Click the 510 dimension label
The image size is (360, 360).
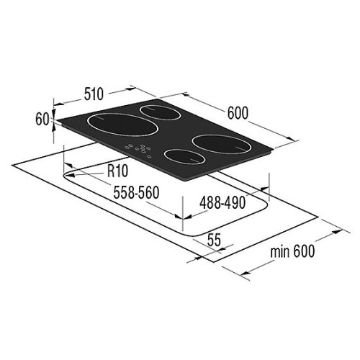coord(94,94)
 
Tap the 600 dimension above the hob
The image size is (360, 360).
coord(238,113)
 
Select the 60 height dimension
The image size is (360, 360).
coord(42,119)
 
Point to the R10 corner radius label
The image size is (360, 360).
coord(117,171)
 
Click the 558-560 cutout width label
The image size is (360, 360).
coord(136,192)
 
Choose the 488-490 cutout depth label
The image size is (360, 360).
coord(222,203)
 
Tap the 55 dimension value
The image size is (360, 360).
coord(214,240)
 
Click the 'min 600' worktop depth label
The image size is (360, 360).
coord(292,251)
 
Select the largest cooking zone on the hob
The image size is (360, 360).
coord(122,125)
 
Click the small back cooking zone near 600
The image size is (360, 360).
coord(161,112)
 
